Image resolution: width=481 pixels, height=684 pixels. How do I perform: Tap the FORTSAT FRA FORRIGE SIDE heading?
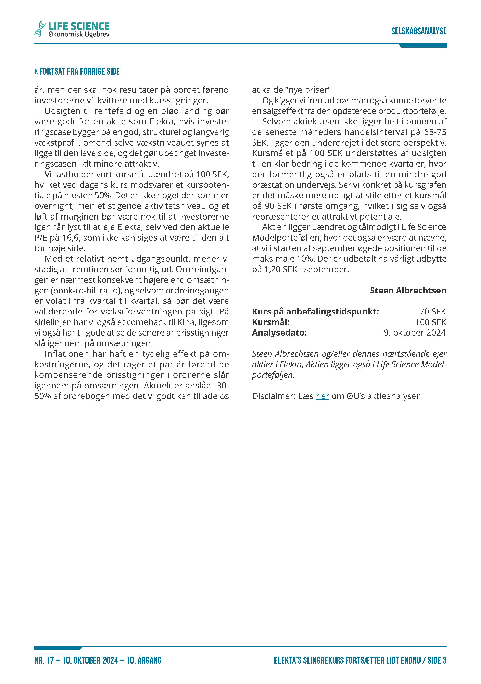(x=77, y=71)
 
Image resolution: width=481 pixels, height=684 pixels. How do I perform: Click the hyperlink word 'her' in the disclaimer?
(x=322, y=396)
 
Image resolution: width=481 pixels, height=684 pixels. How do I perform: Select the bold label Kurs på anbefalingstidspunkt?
(x=315, y=312)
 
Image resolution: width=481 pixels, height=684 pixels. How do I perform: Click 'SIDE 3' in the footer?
(x=437, y=660)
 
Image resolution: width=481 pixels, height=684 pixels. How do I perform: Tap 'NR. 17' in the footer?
(x=44, y=660)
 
